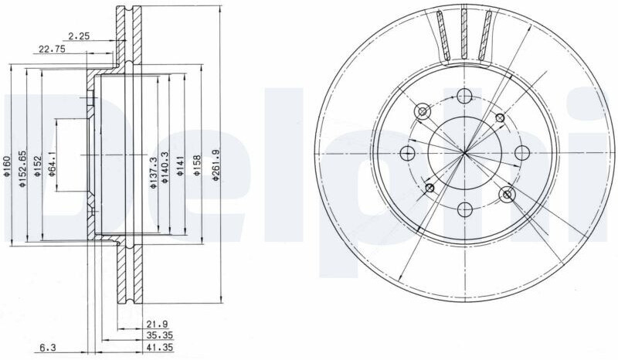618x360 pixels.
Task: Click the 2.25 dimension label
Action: coord(79,36)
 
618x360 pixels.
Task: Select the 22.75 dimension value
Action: coord(52,49)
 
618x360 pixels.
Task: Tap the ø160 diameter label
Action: coord(6,166)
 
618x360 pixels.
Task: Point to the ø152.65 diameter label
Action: coord(22,168)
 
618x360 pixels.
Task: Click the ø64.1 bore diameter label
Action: coord(51,164)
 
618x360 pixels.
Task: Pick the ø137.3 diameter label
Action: coord(153,173)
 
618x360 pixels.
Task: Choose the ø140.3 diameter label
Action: coord(165,168)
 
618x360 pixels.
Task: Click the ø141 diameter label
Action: coord(180,166)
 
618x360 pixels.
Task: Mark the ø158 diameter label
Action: coord(197,165)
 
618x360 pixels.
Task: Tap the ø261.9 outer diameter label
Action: coord(215,165)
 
